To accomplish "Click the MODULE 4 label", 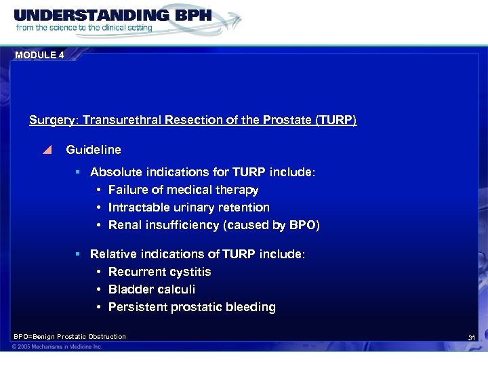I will [x=39, y=56].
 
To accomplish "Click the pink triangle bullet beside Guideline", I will [x=47, y=150].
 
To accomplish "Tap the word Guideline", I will [x=94, y=149].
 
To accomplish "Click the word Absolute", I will [x=116, y=173].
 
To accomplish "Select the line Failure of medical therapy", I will [x=183, y=190].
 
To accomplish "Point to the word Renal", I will [x=125, y=225].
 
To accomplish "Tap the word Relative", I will [x=113, y=254].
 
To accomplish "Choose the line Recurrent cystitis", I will [x=159, y=272].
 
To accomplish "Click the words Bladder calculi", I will [x=152, y=289].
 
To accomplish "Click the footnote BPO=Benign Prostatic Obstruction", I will [x=70, y=337].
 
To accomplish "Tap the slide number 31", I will [x=472, y=338].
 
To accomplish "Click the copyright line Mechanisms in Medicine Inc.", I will [x=58, y=347].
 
